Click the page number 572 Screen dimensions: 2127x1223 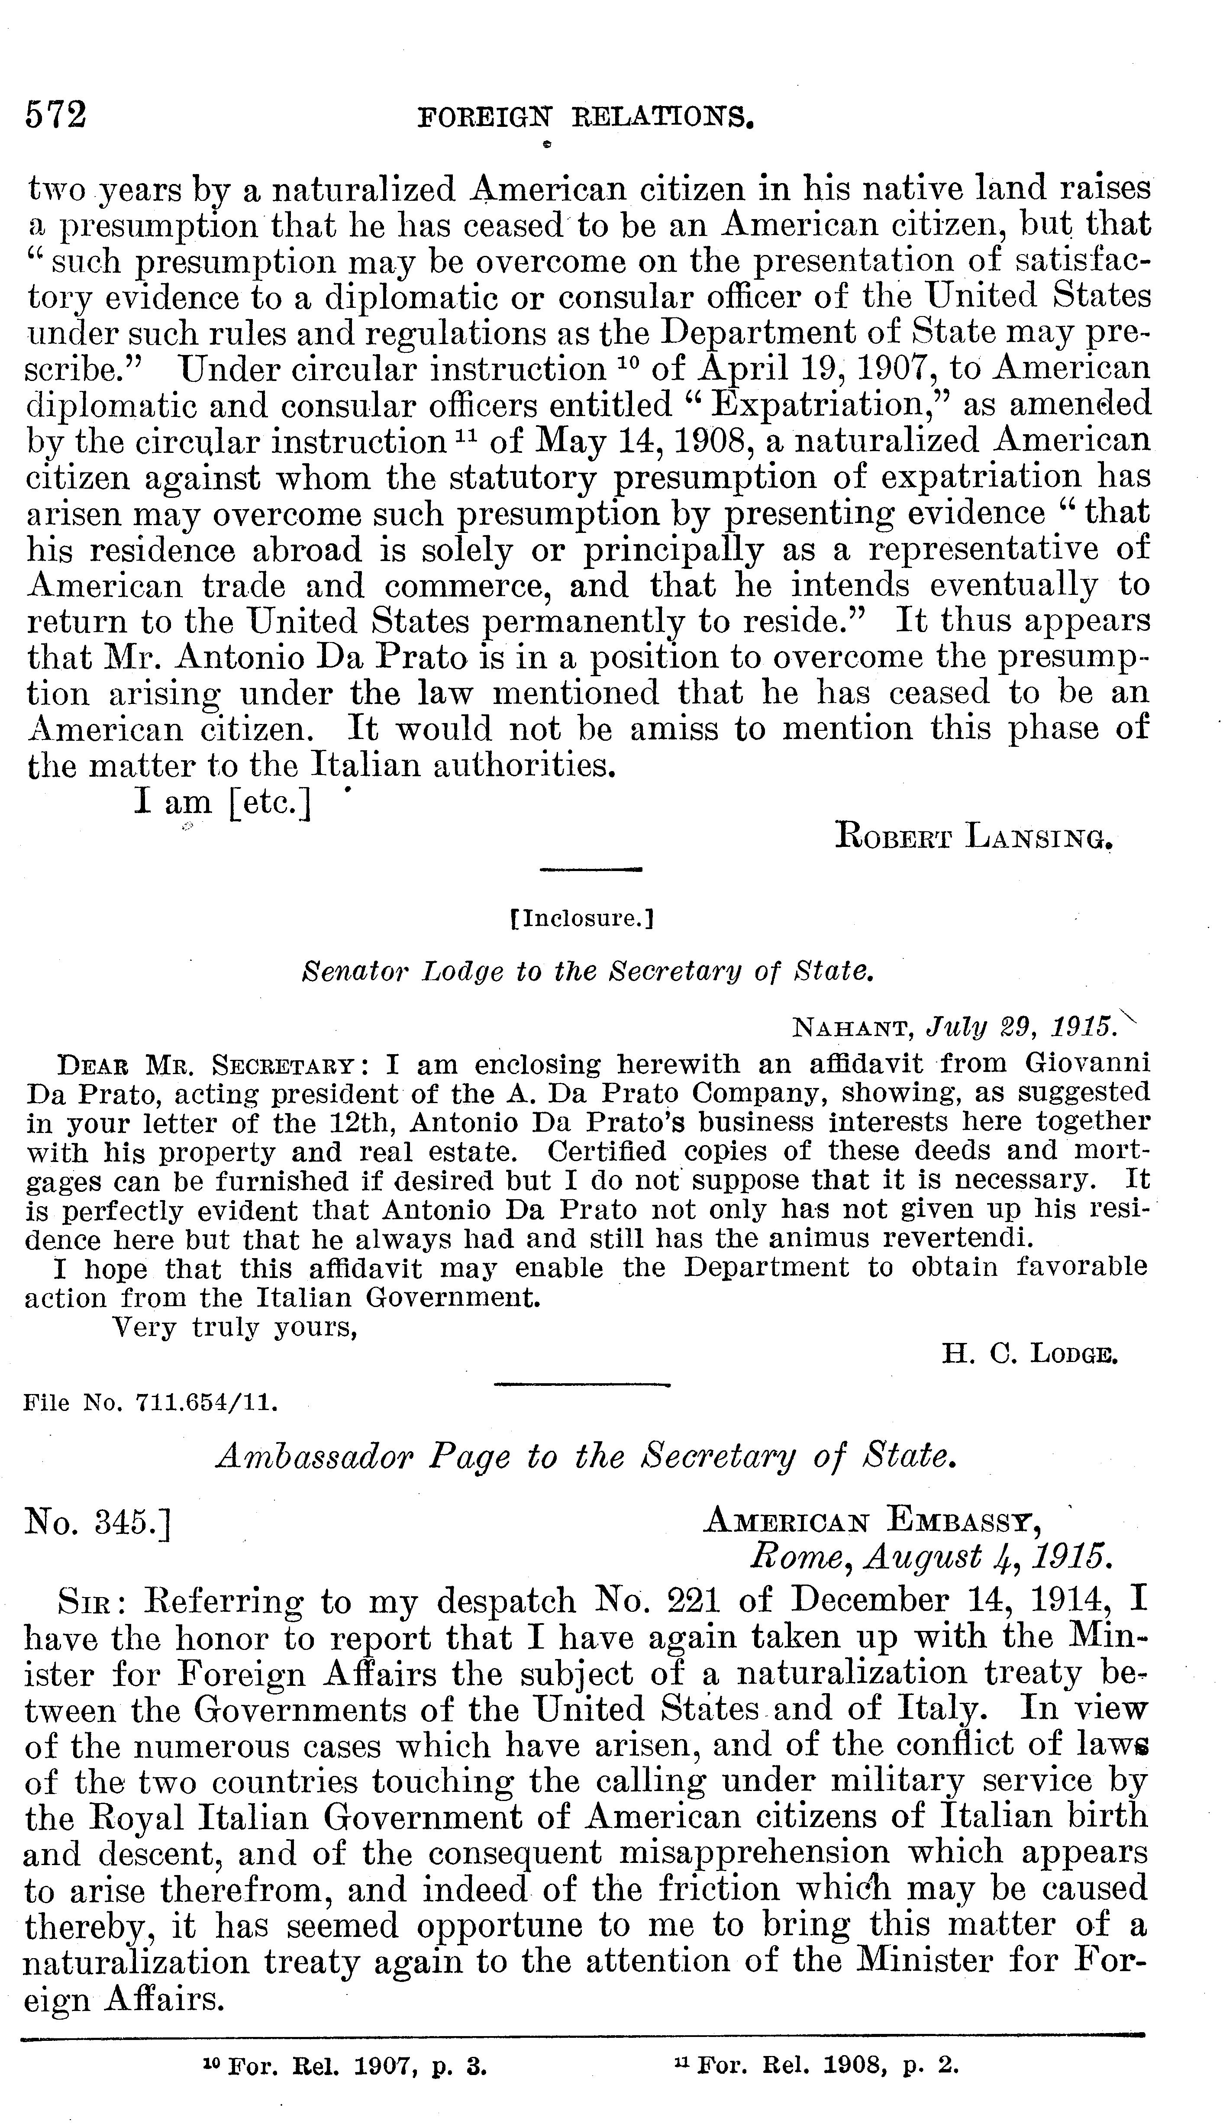point(56,115)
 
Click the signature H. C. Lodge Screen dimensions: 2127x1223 point(1029,1354)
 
